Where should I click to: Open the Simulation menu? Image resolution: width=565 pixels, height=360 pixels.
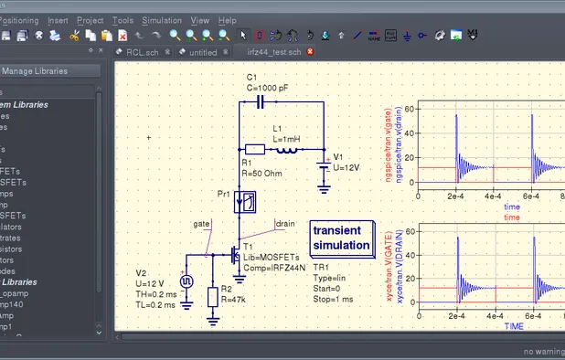click(162, 19)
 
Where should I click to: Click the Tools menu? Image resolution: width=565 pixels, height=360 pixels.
click(123, 19)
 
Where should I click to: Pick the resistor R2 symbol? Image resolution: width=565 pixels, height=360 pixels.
click(213, 296)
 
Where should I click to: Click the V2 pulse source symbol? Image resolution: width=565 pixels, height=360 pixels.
click(187, 281)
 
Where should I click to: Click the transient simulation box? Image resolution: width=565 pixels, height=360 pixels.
click(342, 238)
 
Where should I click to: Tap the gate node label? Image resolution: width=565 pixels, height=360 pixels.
click(201, 223)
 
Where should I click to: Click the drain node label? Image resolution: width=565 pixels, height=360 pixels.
click(284, 222)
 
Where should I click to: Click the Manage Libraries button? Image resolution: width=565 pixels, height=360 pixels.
click(39, 70)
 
